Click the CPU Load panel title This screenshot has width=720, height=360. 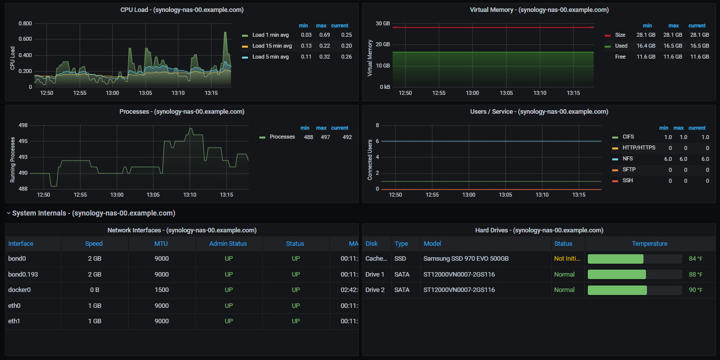[x=182, y=10]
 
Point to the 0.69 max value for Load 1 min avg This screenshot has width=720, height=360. [x=324, y=35]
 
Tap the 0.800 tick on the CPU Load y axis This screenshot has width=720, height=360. [x=25, y=23]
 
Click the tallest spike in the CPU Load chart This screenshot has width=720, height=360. [x=225, y=32]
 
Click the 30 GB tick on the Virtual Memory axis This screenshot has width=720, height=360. [x=383, y=23]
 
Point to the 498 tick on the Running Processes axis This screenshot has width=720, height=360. [x=23, y=125]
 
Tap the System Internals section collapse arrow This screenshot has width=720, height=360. [x=8, y=213]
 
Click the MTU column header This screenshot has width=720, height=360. [x=160, y=244]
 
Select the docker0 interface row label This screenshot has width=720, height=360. [x=19, y=290]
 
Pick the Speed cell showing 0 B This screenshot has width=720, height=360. [x=94, y=290]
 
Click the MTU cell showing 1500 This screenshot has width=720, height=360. [x=161, y=290]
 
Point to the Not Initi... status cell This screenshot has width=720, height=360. [x=567, y=259]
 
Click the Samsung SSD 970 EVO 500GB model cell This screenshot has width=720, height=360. [x=466, y=259]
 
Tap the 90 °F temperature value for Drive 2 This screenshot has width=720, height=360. [x=696, y=290]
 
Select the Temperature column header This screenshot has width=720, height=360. [x=649, y=244]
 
